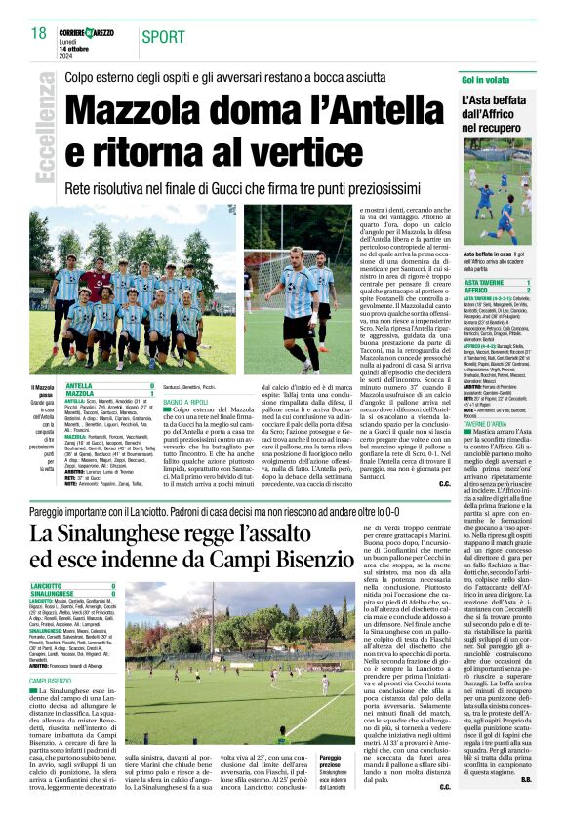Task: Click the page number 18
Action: click(x=39, y=34)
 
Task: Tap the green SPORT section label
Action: click(x=162, y=37)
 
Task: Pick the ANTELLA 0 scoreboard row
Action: click(x=107, y=386)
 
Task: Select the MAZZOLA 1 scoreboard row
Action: click(x=107, y=394)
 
